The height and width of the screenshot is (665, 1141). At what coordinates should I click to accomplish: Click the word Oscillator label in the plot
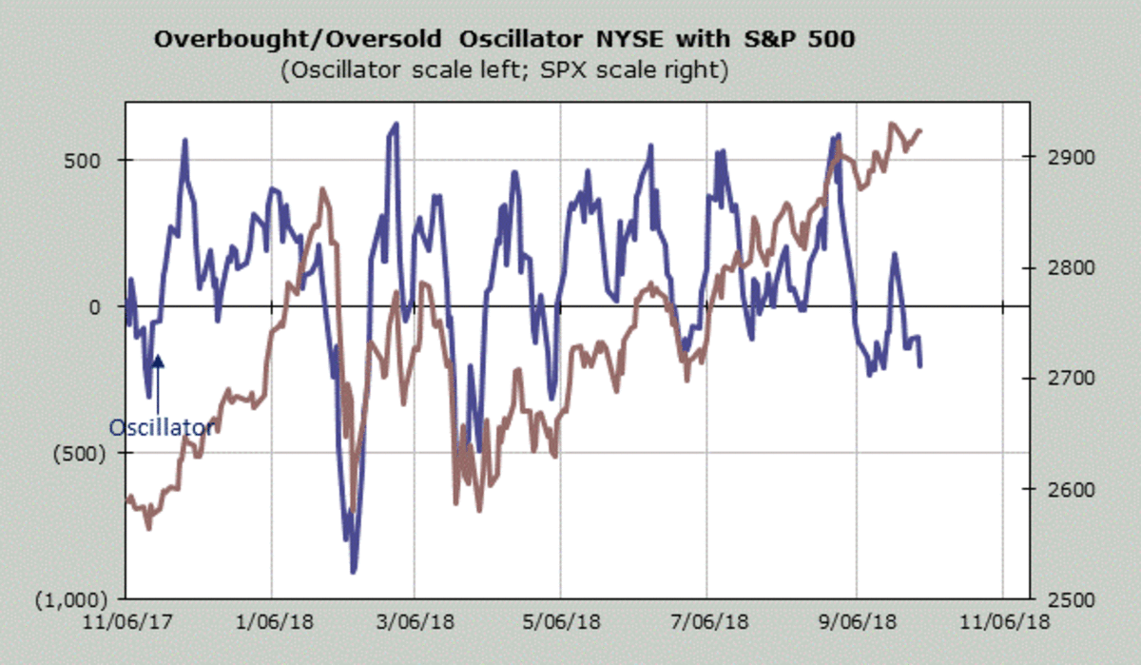(162, 428)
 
